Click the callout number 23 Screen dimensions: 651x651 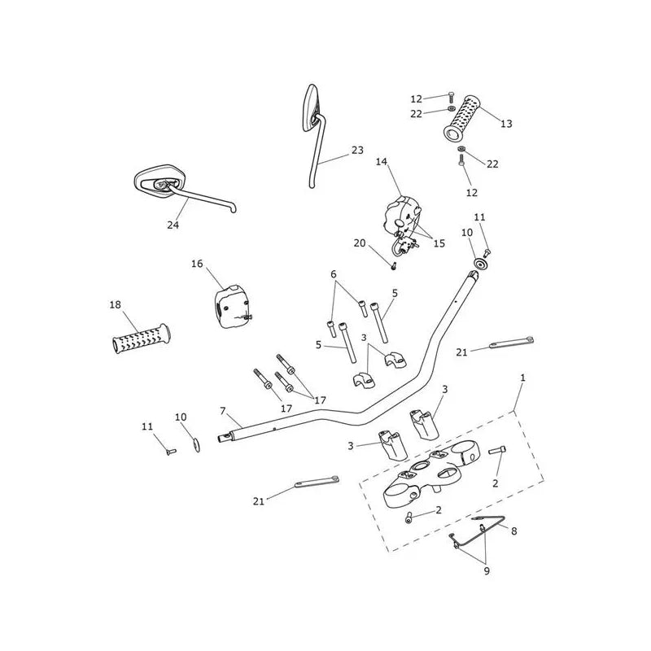357,151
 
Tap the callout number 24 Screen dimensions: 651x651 173,225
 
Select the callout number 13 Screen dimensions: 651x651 506,124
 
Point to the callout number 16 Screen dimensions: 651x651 197,264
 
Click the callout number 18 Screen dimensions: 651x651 115,304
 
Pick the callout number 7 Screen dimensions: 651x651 223,411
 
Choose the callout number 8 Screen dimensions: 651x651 514,531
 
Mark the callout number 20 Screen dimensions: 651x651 360,242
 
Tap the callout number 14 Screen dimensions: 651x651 382,161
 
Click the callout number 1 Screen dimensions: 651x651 522,378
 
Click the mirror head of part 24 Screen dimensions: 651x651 159,181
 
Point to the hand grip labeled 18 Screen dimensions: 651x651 141,339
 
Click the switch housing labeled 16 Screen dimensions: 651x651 231,307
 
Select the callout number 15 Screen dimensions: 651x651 439,243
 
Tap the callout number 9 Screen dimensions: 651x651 487,571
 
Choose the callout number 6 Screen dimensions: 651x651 334,274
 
